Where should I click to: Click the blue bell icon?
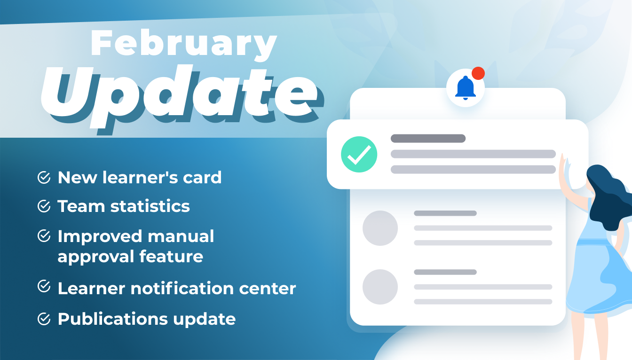click(x=465, y=88)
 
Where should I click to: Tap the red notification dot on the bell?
click(x=478, y=73)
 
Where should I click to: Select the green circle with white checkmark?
click(x=359, y=154)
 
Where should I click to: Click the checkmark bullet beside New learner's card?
click(x=44, y=177)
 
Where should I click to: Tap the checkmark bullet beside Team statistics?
click(x=44, y=206)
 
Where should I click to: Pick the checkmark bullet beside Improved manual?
click(x=44, y=235)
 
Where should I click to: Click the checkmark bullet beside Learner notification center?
click(x=44, y=286)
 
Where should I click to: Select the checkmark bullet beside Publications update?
click(x=44, y=319)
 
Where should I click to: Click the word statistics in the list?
click(x=150, y=206)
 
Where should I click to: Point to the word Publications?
click(x=112, y=319)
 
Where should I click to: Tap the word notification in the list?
click(x=182, y=289)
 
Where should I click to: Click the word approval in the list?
click(x=95, y=257)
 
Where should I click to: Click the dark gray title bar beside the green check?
click(x=428, y=139)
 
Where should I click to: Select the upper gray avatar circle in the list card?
click(x=380, y=228)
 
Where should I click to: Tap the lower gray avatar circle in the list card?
click(x=380, y=287)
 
